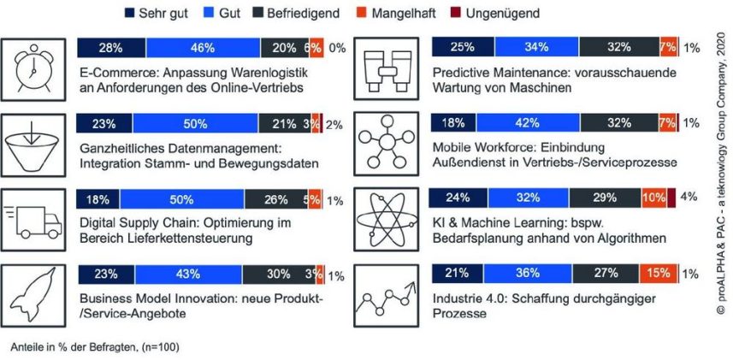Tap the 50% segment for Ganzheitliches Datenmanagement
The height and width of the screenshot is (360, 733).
195,125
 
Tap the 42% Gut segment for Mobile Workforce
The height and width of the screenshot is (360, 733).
528,125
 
